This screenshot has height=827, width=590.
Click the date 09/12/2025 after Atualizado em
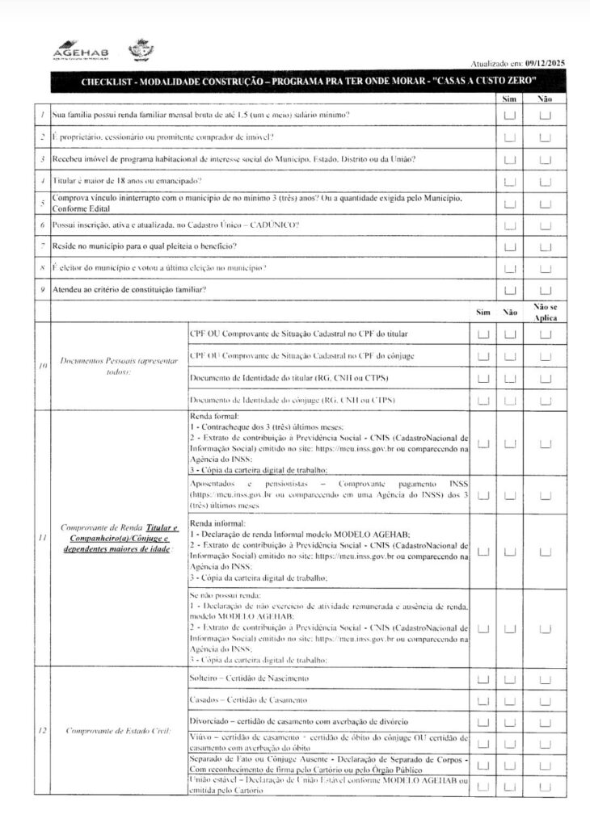coord(545,62)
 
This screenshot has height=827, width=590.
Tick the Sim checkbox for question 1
coord(510,115)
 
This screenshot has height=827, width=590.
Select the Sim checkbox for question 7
coord(510,246)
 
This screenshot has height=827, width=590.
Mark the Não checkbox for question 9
coord(545,290)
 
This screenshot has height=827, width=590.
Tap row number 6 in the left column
coord(42,224)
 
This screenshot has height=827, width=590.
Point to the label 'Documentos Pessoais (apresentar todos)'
coord(119,367)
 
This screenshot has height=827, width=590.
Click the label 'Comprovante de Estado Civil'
coord(119,731)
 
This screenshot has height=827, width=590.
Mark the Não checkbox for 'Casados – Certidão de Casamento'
coord(510,700)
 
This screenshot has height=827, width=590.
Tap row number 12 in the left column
coord(42,731)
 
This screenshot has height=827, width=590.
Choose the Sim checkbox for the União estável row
coord(483,787)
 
